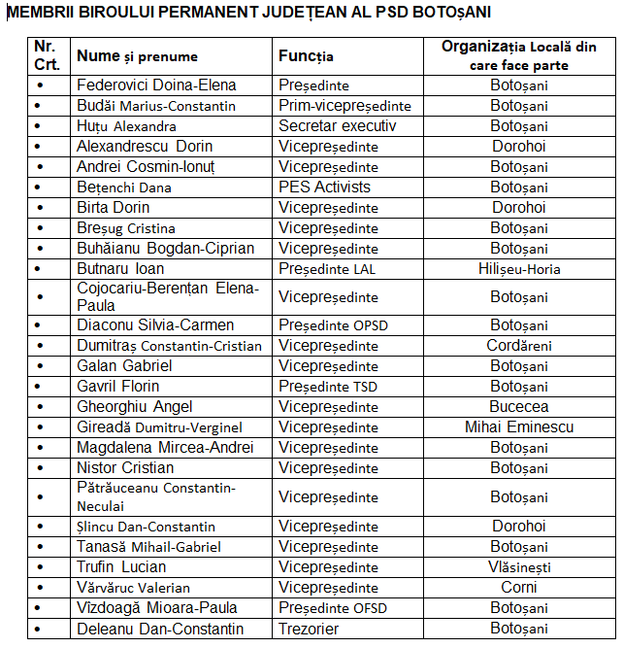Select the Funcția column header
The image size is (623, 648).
pyautogui.click(x=306, y=56)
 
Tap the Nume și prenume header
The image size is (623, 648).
pyautogui.click(x=137, y=56)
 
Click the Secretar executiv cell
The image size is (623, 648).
pyautogui.click(x=337, y=126)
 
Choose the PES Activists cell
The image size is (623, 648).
pyautogui.click(x=324, y=188)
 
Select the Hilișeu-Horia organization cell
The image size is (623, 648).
pyautogui.click(x=519, y=269)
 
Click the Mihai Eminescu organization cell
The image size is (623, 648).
pyautogui.click(x=519, y=427)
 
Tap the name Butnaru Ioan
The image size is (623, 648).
pyautogui.click(x=120, y=269)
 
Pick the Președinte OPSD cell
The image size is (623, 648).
pyautogui.click(x=333, y=325)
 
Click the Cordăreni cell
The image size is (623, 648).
pyautogui.click(x=519, y=346)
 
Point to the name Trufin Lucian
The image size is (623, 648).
pyautogui.click(x=121, y=567)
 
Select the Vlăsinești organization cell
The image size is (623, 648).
pyautogui.click(x=519, y=567)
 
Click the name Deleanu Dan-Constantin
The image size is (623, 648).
pyautogui.click(x=160, y=629)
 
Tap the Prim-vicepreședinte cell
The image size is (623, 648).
pyautogui.click(x=344, y=106)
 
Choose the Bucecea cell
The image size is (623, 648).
pyautogui.click(x=519, y=407)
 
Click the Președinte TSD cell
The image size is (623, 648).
pyautogui.click(x=328, y=387)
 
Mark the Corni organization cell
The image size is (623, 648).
pyautogui.click(x=519, y=588)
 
